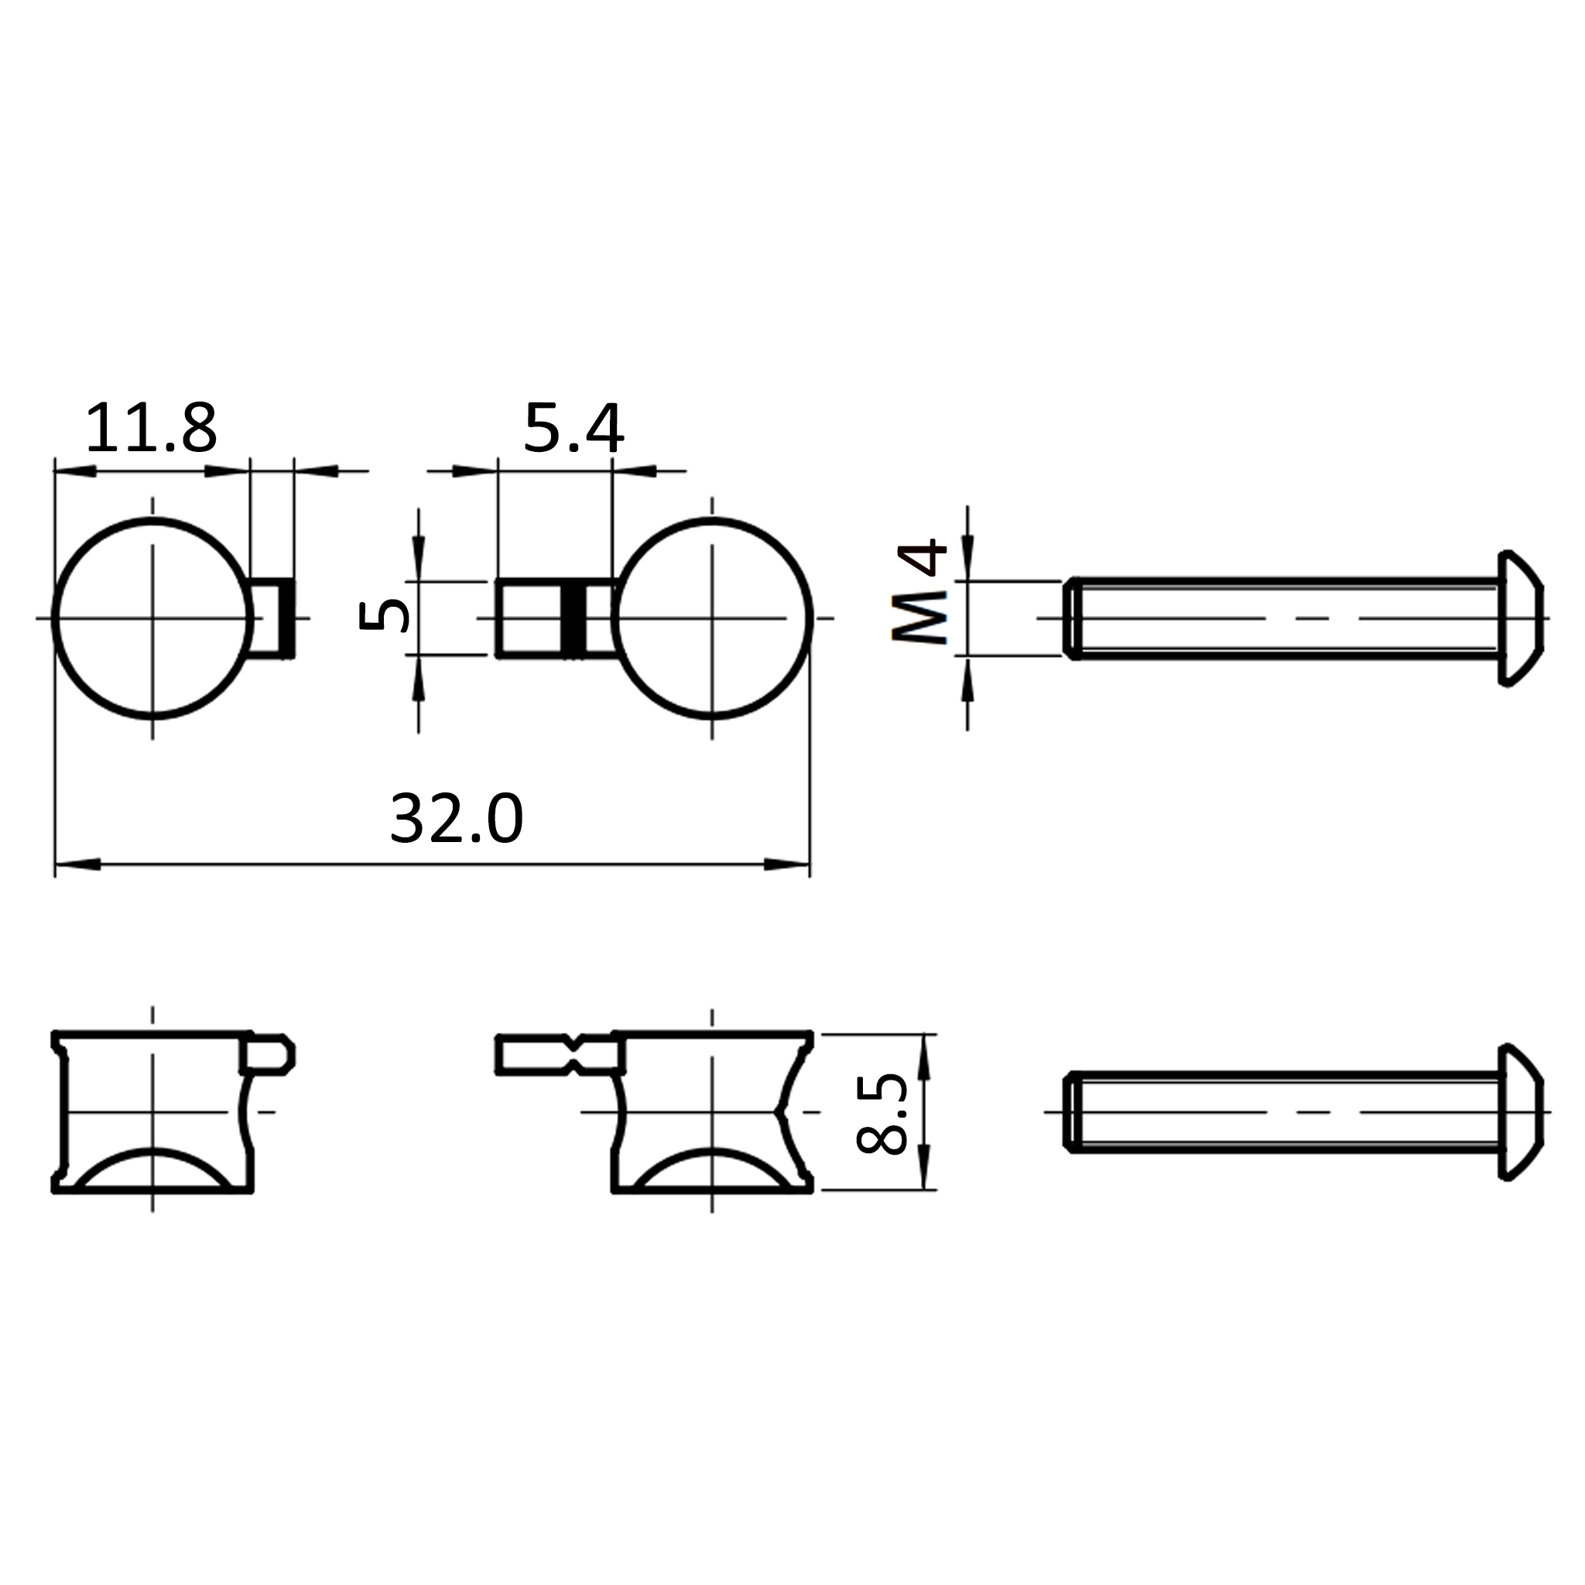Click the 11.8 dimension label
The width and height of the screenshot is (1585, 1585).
(x=151, y=428)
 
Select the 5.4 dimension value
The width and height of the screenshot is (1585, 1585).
(x=573, y=428)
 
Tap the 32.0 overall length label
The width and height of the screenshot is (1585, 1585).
(x=456, y=818)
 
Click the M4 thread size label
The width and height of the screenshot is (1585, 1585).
(x=919, y=591)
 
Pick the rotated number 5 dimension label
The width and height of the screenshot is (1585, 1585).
(x=384, y=616)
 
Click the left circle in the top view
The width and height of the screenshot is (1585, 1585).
(x=53, y=618)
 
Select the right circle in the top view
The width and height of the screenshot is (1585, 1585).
(x=812, y=618)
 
